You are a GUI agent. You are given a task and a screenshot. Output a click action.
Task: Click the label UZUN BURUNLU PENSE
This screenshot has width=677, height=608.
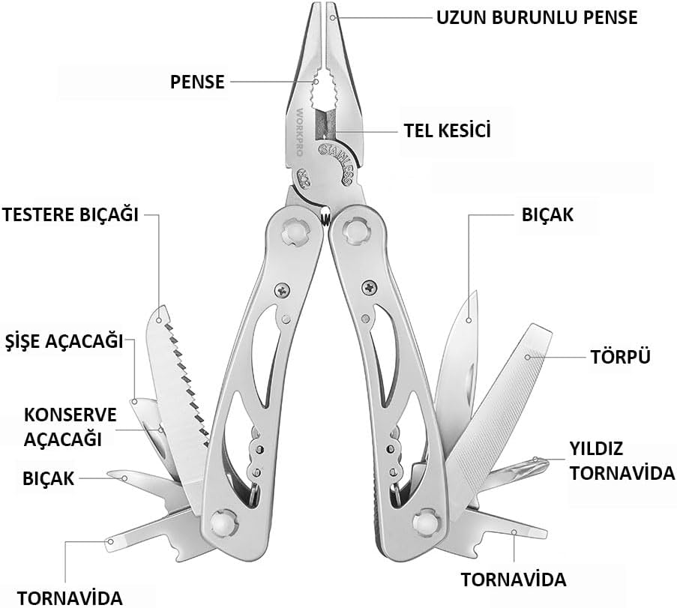tap(537, 18)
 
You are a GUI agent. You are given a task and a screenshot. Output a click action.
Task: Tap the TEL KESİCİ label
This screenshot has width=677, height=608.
tap(448, 130)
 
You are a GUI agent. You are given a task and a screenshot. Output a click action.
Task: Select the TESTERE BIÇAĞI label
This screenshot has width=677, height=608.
tap(70, 214)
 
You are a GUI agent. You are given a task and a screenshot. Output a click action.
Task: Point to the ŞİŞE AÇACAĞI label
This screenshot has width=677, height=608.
tap(64, 341)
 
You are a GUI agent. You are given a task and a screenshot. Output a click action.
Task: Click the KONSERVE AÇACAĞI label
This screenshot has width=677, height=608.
tap(70, 427)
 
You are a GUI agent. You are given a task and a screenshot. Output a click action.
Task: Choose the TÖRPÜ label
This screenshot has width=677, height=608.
tap(621, 357)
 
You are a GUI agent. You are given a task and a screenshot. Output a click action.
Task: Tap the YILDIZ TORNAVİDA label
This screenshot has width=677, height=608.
tap(622, 461)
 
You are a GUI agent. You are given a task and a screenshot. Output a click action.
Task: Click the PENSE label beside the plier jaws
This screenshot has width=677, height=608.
tap(197, 82)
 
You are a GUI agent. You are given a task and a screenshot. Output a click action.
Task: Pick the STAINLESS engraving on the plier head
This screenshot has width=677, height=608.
tap(337, 163)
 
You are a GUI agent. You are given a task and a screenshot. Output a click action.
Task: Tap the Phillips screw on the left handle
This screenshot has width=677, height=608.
tap(283, 290)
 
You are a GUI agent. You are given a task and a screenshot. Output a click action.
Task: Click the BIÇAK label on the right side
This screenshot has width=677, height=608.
tap(547, 214)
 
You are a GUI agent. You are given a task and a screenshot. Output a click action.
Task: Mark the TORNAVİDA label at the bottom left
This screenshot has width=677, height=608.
tap(70, 598)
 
